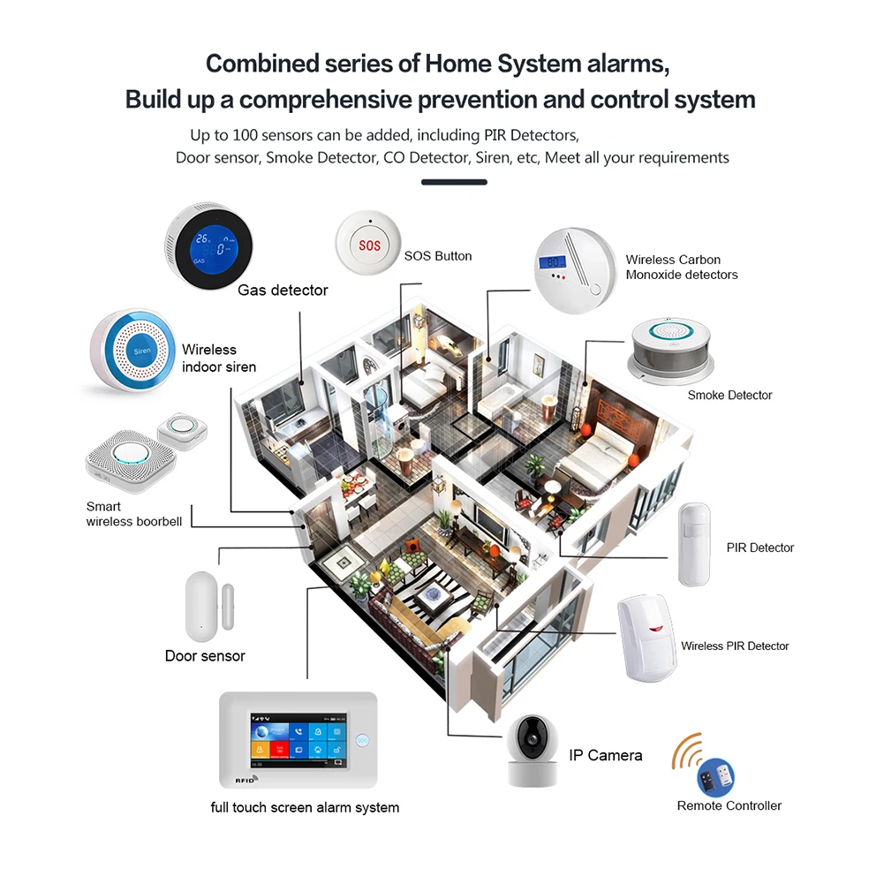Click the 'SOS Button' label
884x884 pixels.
coord(438,256)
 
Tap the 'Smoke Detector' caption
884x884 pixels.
coord(729,395)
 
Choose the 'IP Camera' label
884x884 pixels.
coord(604,755)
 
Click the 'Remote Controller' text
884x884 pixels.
coord(729,805)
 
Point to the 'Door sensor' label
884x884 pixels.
coord(205,656)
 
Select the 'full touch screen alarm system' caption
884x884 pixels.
coord(305,807)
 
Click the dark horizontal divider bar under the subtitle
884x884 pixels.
coord(454,183)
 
